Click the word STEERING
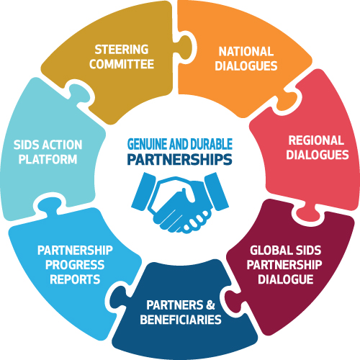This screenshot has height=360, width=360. pyautogui.click(x=122, y=50)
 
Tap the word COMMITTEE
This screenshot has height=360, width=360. pyautogui.click(x=122, y=64)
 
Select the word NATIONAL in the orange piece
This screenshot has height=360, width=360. pyautogui.click(x=246, y=52)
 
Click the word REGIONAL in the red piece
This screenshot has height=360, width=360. pyautogui.click(x=316, y=140)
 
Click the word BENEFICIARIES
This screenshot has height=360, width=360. pyautogui.click(x=181, y=320)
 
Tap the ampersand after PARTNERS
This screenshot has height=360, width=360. pyautogui.click(x=210, y=305)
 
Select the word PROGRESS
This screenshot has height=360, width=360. pyautogui.click(x=75, y=265)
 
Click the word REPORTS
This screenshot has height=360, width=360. pyautogui.click(x=75, y=279)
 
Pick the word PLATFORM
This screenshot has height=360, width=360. pyautogui.click(x=48, y=159)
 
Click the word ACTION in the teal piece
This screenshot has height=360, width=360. pyautogui.click(x=63, y=145)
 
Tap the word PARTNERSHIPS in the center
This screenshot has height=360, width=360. pyautogui.click(x=179, y=160)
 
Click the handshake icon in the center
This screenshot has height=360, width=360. pyautogui.click(x=180, y=203)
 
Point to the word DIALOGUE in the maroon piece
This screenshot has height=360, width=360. pyautogui.click(x=286, y=279)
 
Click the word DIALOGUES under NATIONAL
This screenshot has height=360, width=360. pyautogui.click(x=246, y=66)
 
